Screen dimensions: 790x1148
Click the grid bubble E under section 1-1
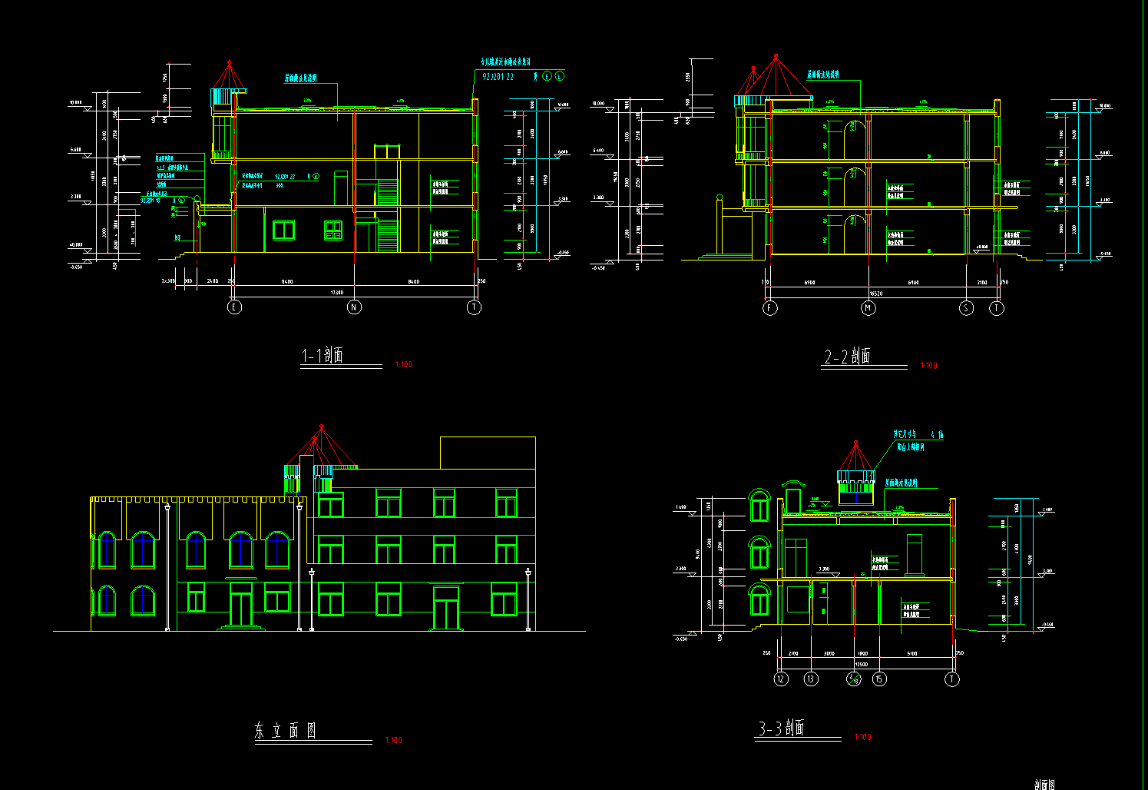[234, 307]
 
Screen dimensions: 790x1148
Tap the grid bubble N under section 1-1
[354, 307]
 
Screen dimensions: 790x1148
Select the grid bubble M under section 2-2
[868, 308]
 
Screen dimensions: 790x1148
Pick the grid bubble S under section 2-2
[966, 308]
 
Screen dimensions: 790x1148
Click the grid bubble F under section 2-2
[770, 308]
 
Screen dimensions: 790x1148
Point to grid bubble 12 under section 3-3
[781, 679]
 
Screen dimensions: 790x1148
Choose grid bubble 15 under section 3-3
[879, 679]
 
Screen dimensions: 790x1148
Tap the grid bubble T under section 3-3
[952, 679]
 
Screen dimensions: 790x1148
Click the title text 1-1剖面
[323, 356]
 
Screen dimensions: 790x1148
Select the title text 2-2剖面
[848, 357]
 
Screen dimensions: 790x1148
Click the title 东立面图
[286, 731]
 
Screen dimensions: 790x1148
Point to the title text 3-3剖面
[782, 729]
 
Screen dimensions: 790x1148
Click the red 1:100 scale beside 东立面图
[393, 741]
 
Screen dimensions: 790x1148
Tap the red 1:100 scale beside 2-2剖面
[928, 366]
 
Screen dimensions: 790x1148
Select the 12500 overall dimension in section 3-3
[862, 665]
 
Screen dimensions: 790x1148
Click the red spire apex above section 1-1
[228, 61]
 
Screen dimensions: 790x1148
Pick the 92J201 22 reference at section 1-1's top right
[498, 77]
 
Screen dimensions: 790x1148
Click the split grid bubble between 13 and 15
[854, 679]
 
